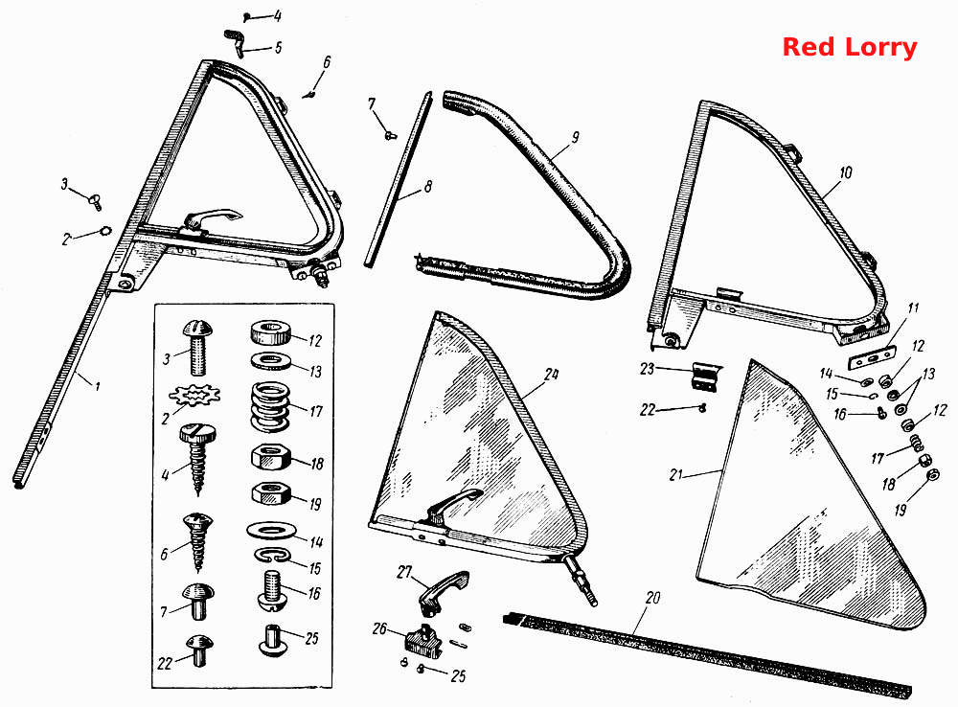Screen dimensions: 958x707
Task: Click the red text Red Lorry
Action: click(x=849, y=47)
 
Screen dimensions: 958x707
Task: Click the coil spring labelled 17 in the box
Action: click(x=270, y=407)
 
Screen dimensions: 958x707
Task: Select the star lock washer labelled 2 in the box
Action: click(x=194, y=396)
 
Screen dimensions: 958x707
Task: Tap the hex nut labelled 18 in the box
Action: click(x=271, y=457)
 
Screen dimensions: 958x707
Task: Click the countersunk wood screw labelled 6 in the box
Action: click(x=197, y=540)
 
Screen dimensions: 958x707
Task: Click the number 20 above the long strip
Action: click(x=652, y=598)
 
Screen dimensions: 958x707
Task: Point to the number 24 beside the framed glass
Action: click(x=551, y=374)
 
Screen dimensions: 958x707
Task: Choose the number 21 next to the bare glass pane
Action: click(x=675, y=474)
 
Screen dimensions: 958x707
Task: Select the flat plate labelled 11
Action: click(x=871, y=358)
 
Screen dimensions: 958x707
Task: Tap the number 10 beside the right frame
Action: click(x=846, y=173)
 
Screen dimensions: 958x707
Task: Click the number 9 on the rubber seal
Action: click(x=575, y=138)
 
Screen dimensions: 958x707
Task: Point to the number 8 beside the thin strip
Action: click(x=427, y=186)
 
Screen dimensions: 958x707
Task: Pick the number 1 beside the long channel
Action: click(x=97, y=386)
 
